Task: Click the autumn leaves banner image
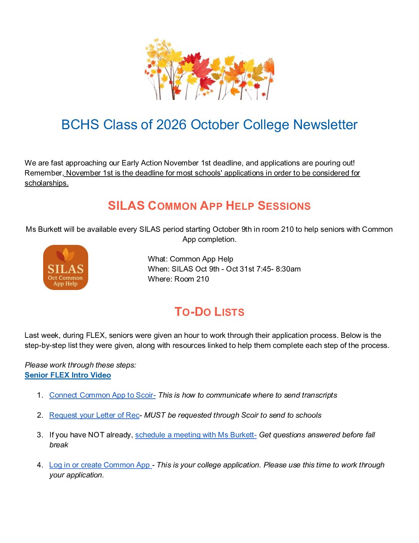(209, 69)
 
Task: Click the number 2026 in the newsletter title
(171, 125)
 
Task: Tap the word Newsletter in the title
(325, 125)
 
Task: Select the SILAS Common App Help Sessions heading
(209, 206)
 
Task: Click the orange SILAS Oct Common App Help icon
(65, 267)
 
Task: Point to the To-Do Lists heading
(209, 312)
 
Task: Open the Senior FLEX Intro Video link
(68, 375)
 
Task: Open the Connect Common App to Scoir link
(102, 395)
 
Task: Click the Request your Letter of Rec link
(94, 415)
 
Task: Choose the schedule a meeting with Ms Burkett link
(196, 435)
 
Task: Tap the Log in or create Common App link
(100, 465)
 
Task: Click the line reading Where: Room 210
(178, 279)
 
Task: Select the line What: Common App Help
(190, 259)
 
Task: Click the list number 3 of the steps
(40, 435)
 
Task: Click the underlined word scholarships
(46, 183)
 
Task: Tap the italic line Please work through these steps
(80, 365)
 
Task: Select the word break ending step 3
(59, 445)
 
